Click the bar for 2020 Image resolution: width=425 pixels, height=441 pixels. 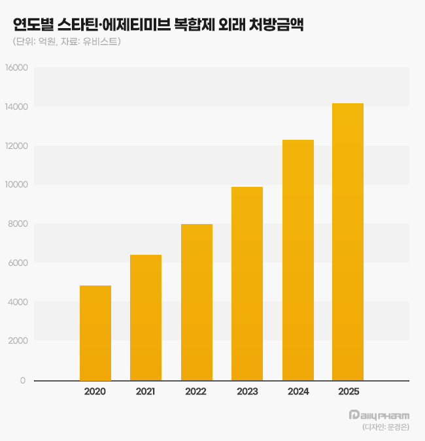click(95, 333)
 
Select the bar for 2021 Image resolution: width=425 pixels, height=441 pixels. click(146, 318)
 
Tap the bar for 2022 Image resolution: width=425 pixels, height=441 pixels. click(196, 302)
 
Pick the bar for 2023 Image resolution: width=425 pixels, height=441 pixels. click(247, 284)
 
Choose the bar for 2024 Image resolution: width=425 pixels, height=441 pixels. click(297, 260)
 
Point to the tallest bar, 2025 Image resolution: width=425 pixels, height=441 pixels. click(348, 242)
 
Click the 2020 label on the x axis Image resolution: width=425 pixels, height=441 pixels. click(95, 391)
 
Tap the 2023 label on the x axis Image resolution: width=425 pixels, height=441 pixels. click(247, 391)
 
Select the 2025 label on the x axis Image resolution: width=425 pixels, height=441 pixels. click(348, 391)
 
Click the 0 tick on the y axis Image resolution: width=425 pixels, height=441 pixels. click(23, 380)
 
